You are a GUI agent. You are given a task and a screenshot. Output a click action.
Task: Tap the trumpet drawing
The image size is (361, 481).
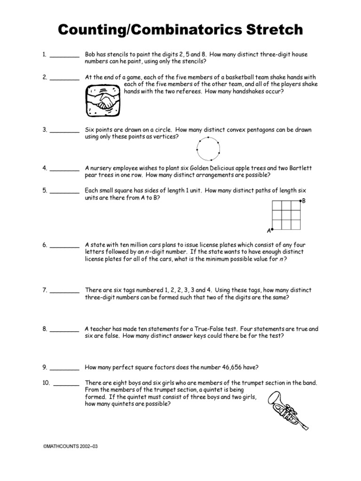point(288,409)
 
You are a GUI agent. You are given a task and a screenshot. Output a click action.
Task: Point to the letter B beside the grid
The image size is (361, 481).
point(304,201)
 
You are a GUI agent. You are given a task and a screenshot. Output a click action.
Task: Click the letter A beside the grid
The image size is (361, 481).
point(269,231)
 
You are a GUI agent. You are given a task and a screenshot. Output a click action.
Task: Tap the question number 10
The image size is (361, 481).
point(46,383)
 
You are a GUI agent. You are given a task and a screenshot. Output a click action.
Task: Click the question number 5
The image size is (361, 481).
point(44,190)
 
